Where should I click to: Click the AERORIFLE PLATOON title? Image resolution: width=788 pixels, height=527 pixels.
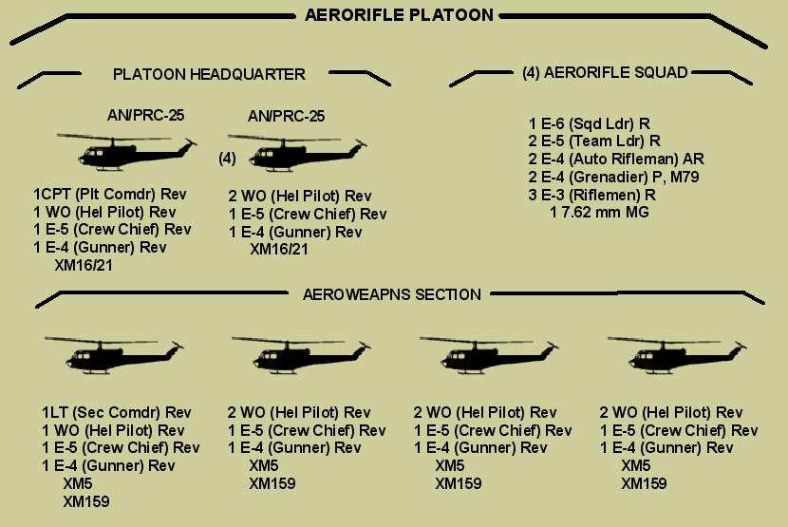(x=399, y=15)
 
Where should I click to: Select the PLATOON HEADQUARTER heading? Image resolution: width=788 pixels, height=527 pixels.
(x=209, y=74)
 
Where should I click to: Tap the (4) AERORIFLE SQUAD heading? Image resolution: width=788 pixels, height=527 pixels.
(x=605, y=72)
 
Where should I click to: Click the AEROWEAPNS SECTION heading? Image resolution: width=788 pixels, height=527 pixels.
(x=391, y=294)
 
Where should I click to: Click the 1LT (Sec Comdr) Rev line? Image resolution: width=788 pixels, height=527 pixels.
(x=116, y=413)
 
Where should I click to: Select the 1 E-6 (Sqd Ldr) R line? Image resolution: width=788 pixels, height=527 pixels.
(x=589, y=124)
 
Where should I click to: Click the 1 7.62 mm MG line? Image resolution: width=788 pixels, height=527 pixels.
(x=599, y=212)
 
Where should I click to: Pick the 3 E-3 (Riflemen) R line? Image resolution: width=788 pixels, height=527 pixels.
(x=592, y=195)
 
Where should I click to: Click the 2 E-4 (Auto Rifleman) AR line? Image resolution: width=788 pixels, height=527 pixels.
(x=616, y=160)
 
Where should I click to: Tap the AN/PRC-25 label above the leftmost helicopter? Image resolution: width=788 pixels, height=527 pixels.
(x=145, y=116)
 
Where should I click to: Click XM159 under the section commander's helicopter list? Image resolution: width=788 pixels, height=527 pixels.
(x=85, y=500)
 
